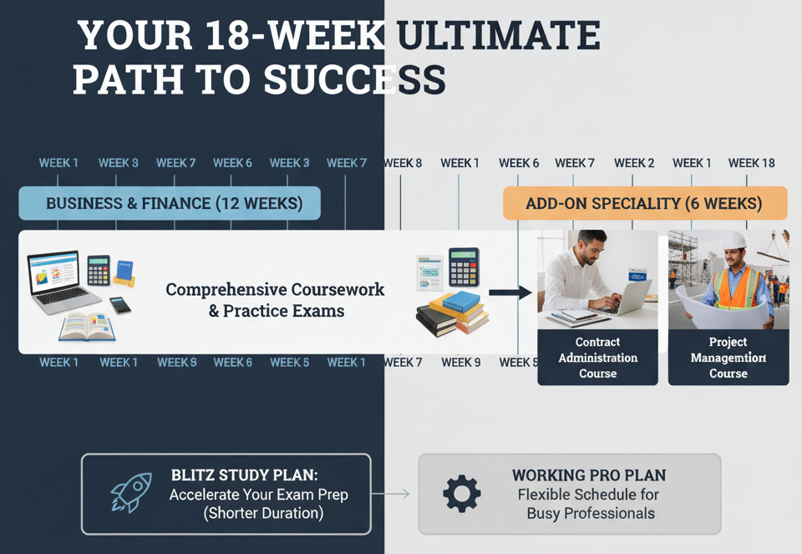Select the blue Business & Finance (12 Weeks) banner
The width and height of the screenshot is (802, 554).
(170, 203)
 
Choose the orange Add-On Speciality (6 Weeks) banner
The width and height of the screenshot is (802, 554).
(644, 203)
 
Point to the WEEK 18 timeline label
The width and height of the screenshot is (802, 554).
(751, 163)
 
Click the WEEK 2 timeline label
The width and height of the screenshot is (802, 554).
(634, 163)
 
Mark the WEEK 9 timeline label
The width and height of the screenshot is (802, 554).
(461, 363)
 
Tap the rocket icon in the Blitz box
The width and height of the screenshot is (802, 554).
(131, 493)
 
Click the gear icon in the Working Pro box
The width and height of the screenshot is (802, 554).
(462, 493)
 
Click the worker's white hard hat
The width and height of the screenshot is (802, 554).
(734, 240)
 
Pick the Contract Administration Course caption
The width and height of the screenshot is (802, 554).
(597, 358)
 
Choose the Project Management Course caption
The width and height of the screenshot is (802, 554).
(728, 358)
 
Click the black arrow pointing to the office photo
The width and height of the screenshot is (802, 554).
(510, 292)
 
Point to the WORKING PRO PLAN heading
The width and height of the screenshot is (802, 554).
(589, 475)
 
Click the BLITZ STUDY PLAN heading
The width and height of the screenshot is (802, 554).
(244, 475)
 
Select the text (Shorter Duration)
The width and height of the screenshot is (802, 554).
(263, 513)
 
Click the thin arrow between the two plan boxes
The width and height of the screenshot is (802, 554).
(393, 494)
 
